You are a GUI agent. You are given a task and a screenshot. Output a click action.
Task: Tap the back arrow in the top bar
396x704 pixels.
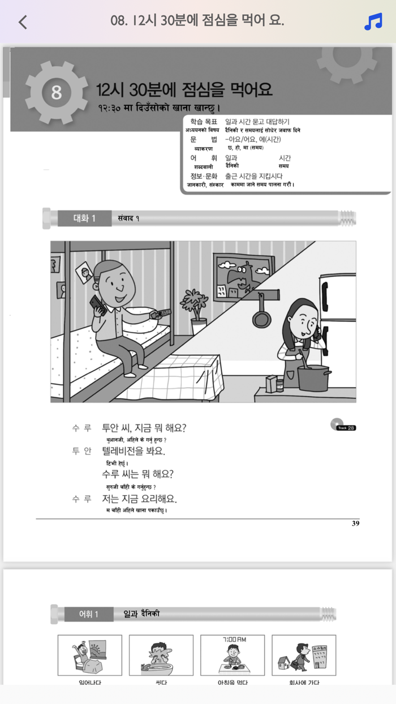pos(23,22)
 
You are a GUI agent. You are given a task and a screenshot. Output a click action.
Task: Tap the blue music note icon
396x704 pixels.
pos(373,22)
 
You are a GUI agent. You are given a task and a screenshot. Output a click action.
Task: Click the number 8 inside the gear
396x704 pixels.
pos(56,92)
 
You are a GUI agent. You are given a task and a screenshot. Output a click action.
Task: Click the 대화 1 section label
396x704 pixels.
pos(84,218)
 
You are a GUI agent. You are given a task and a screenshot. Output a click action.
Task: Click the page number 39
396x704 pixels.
pos(355,523)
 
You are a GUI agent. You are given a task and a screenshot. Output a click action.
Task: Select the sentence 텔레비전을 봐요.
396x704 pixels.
pos(134,451)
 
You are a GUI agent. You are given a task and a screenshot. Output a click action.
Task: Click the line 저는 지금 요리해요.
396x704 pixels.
pos(139,499)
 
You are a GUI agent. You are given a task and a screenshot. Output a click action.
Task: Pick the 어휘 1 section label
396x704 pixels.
pos(89,614)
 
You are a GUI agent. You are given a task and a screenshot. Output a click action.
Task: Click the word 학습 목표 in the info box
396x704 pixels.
pos(204,122)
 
